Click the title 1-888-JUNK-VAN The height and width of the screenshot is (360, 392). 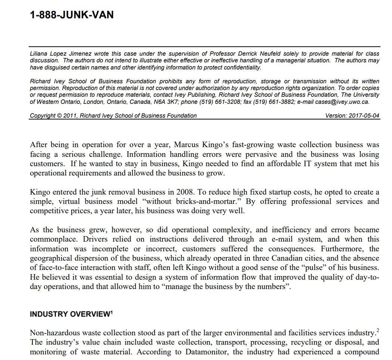72,15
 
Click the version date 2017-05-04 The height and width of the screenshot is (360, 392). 364,116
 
